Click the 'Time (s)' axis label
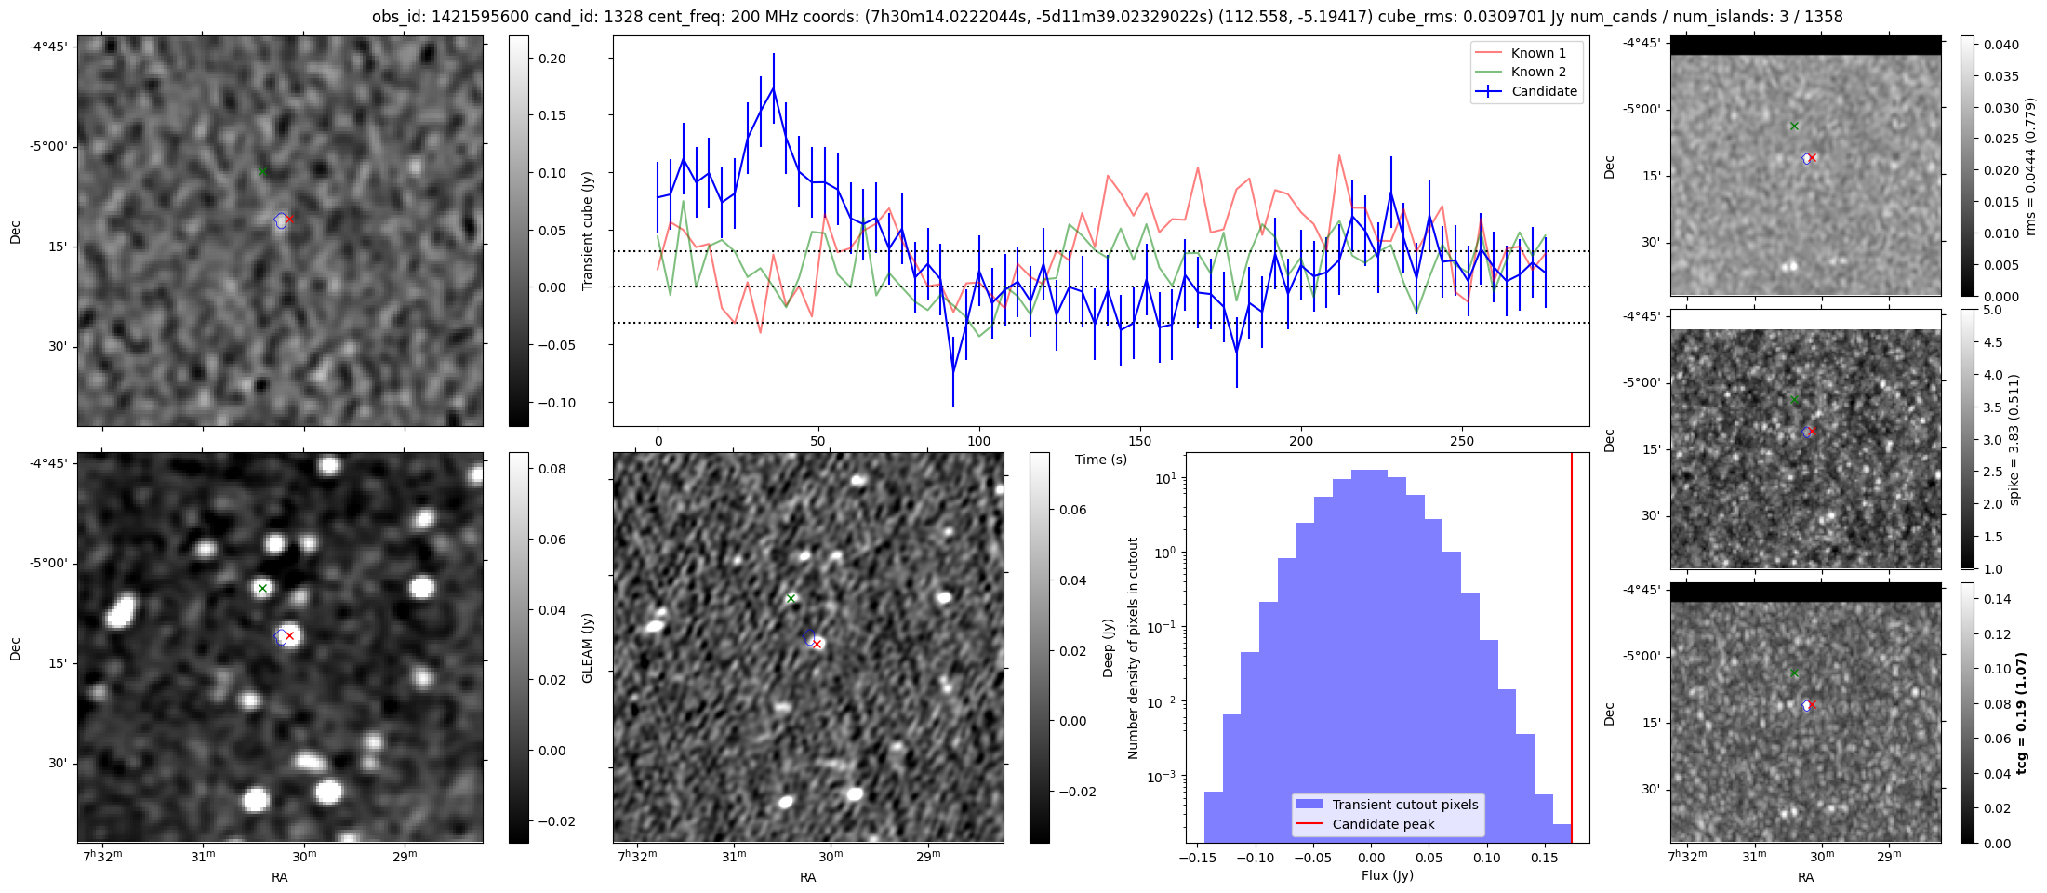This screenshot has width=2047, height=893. click(x=1101, y=460)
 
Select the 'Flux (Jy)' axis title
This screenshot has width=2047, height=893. click(x=1387, y=875)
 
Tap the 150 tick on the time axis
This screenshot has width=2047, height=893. click(x=1139, y=441)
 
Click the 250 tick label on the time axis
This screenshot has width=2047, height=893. click(x=1462, y=441)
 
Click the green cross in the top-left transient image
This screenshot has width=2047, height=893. click(x=262, y=171)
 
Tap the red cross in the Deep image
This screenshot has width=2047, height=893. click(x=817, y=644)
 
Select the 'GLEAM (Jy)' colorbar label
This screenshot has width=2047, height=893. click(x=587, y=647)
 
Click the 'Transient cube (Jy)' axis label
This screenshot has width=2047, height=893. click(x=587, y=231)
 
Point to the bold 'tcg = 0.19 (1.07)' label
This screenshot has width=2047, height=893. click(x=2021, y=713)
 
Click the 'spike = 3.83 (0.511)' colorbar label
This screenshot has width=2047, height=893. click(x=2014, y=439)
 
